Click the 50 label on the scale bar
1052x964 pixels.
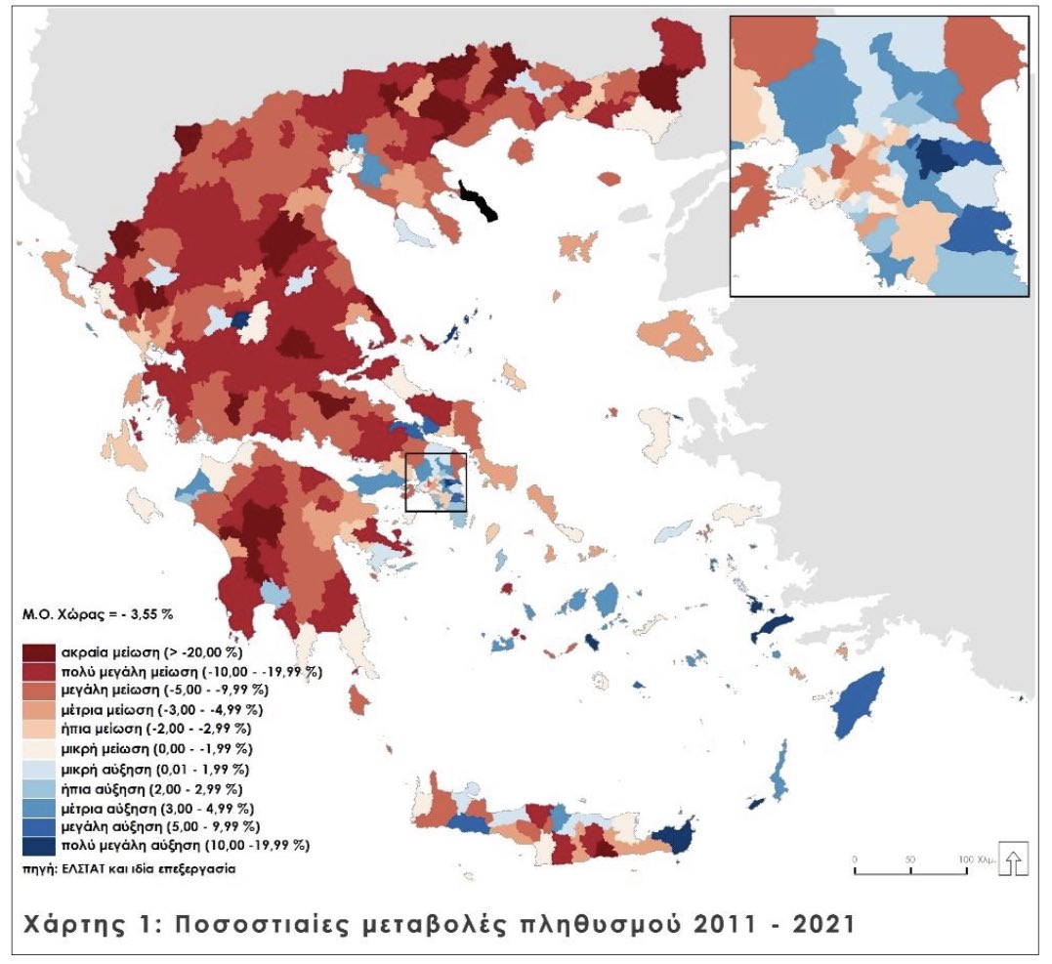909,859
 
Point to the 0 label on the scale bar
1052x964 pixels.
855,859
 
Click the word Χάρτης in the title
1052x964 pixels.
79,922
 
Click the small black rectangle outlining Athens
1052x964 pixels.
436,482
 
